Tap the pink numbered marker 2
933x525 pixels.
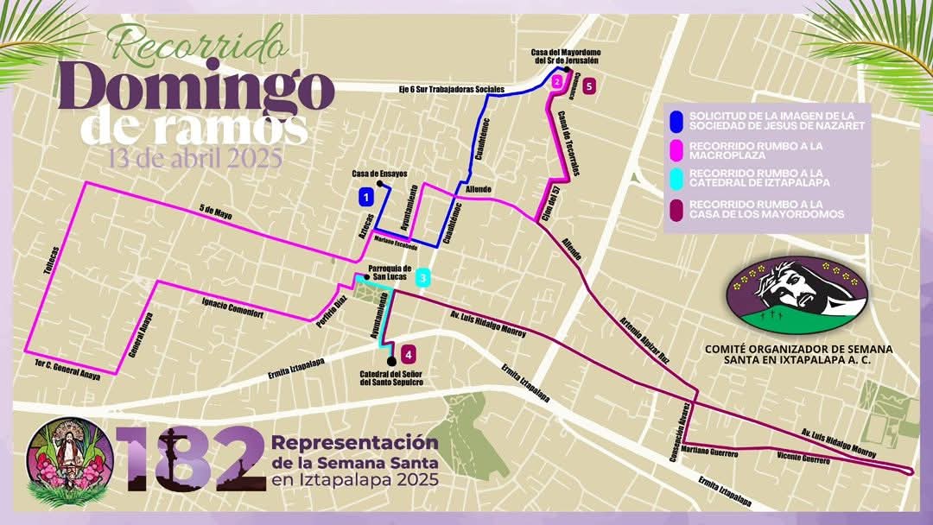click(x=557, y=82)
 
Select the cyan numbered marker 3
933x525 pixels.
click(x=422, y=278)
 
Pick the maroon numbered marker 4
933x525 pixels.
click(x=408, y=352)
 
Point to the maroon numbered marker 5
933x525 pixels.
click(x=588, y=85)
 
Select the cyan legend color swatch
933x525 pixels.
click(x=678, y=180)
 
